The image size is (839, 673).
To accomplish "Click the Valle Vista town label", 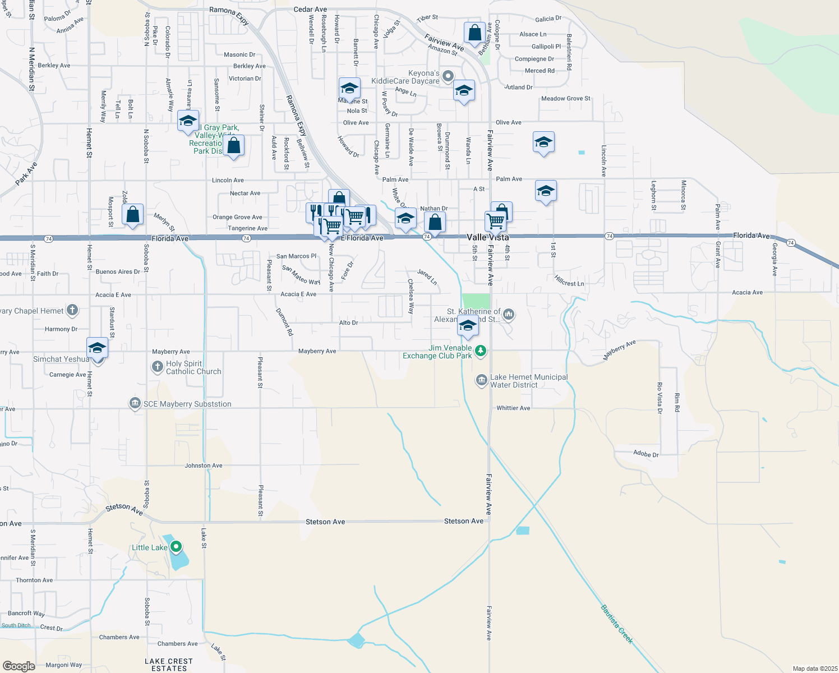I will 488,237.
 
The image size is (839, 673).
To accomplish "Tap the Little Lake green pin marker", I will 176,546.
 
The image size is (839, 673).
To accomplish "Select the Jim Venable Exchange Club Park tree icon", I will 480,351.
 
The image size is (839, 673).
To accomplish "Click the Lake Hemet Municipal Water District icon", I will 481,381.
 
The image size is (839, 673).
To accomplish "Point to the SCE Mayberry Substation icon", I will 135,403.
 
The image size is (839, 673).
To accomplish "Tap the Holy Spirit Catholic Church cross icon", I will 158,367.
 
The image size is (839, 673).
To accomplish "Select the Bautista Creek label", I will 616,624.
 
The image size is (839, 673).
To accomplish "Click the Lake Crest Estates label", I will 169,665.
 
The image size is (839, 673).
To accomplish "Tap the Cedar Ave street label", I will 310,10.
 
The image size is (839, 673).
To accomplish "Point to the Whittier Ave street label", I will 513,408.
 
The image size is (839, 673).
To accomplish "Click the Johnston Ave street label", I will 204,465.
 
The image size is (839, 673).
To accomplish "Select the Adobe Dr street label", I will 646,454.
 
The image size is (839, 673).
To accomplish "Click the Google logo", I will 19,666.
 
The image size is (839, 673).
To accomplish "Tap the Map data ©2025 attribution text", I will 815,669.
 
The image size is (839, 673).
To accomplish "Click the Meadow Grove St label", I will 565,99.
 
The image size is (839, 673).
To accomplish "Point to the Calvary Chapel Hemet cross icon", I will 72,310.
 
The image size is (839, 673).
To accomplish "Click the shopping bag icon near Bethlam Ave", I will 474,33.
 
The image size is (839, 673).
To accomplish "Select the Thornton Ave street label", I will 34,580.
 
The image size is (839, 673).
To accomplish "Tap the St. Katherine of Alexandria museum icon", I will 509,314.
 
